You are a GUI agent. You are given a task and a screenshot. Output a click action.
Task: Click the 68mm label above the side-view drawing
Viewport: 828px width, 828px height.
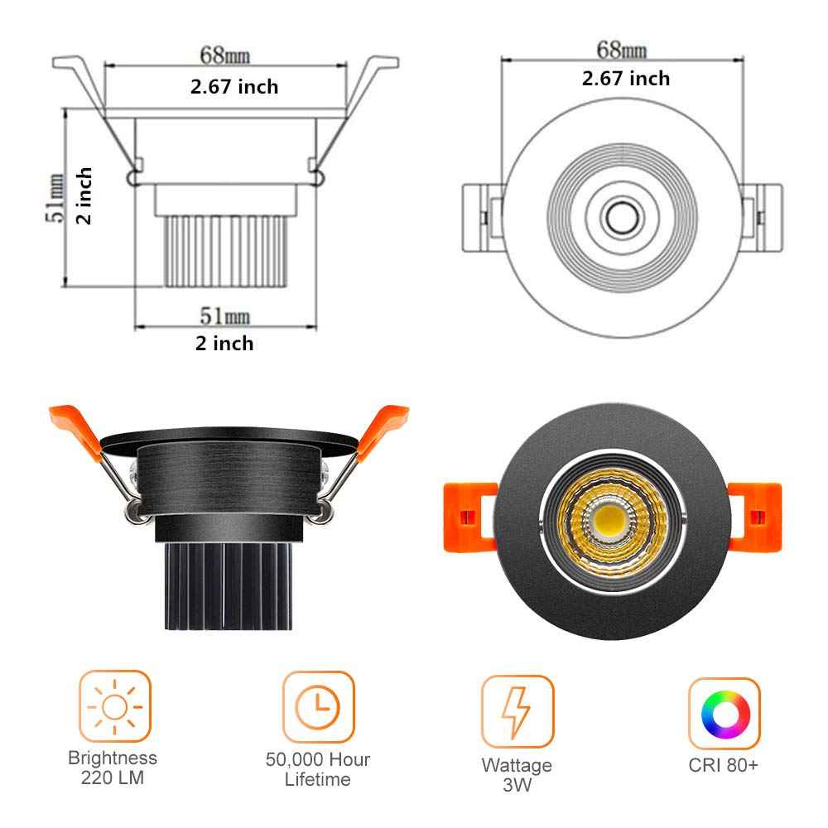pyautogui.click(x=224, y=56)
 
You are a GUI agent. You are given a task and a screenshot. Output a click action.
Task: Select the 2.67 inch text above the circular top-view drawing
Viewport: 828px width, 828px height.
pyautogui.click(x=625, y=79)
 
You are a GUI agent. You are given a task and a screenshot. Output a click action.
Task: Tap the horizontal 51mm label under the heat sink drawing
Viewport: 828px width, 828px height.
pyautogui.click(x=224, y=315)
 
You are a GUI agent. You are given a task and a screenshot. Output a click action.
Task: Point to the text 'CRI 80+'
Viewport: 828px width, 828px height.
pyautogui.click(x=723, y=766)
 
